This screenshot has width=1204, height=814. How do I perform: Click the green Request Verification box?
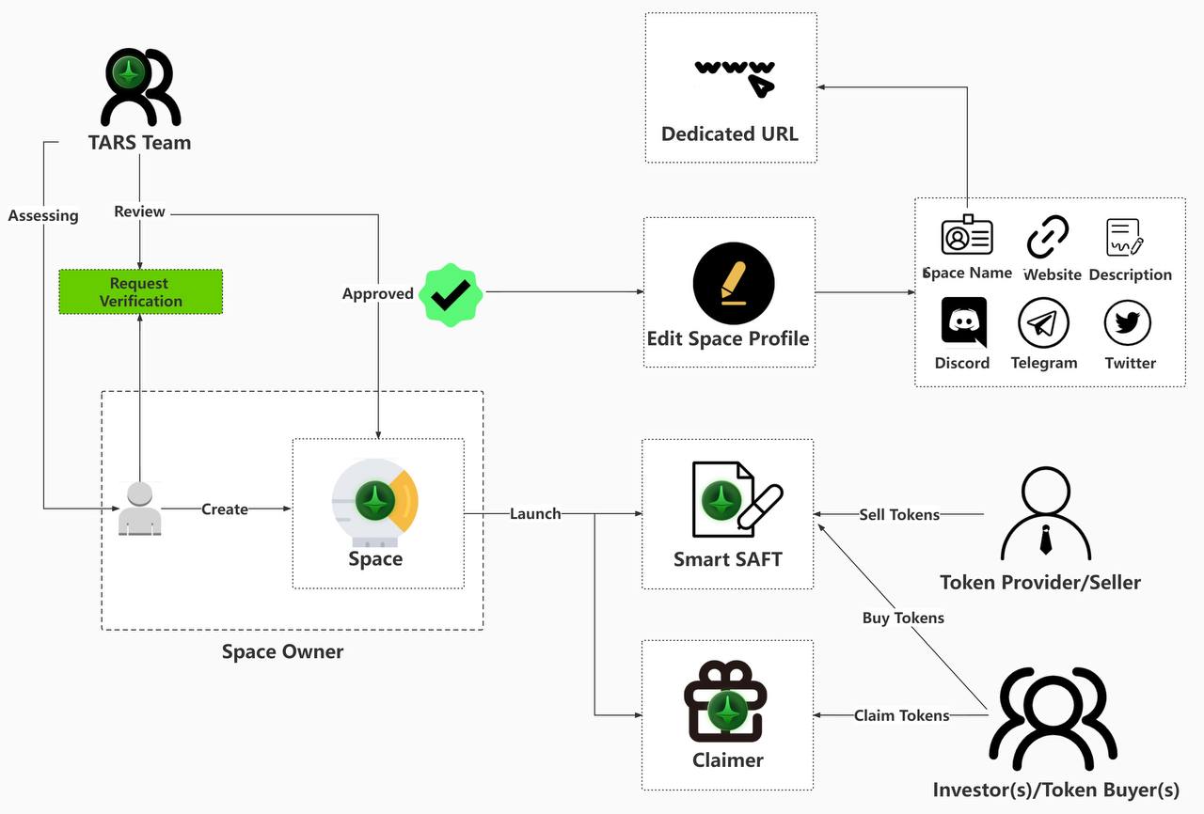point(140,292)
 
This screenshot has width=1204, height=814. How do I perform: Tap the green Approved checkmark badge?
point(451,294)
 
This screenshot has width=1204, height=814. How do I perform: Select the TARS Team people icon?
point(141,87)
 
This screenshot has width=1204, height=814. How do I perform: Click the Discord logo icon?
point(963,322)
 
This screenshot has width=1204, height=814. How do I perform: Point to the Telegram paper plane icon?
point(1043,323)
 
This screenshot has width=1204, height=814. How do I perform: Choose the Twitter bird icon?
point(1127,323)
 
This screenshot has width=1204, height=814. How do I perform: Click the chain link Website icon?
point(1048,237)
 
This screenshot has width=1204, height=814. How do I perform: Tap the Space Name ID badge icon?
point(967,236)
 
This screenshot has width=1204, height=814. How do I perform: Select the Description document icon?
point(1124,238)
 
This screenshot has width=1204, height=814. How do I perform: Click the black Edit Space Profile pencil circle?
point(733,283)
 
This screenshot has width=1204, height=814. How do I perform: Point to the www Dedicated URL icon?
point(735,78)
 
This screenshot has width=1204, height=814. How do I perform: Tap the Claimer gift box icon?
point(725,703)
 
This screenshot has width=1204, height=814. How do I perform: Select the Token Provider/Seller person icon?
point(1045,516)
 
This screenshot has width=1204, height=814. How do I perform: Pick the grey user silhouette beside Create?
point(139,509)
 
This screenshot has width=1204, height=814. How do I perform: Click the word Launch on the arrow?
point(535,514)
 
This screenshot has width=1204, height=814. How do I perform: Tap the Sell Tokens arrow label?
point(899,515)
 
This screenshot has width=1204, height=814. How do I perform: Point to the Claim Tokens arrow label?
point(901,715)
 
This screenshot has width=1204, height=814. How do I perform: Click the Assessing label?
point(43,216)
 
